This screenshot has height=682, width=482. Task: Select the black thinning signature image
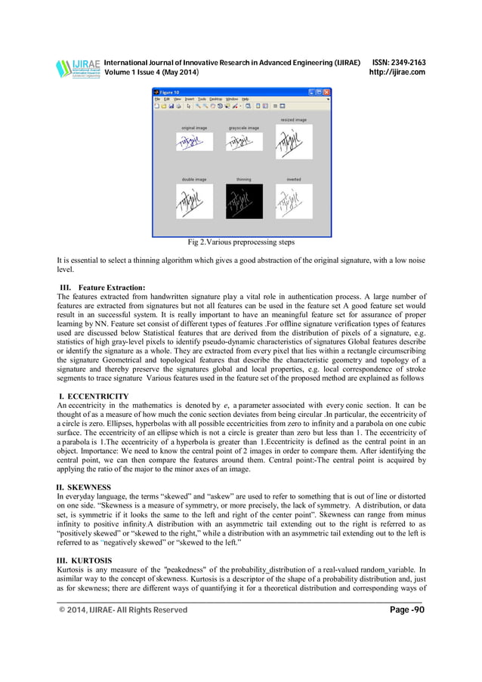click(x=244, y=202)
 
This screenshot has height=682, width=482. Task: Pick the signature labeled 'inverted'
click(x=294, y=202)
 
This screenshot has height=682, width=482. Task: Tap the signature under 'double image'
click(x=193, y=202)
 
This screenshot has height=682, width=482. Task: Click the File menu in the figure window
click(x=158, y=99)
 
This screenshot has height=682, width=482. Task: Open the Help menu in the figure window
click(x=245, y=99)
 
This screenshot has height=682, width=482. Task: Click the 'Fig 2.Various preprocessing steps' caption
click(x=241, y=242)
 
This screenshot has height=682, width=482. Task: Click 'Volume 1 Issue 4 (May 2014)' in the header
click(x=151, y=73)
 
